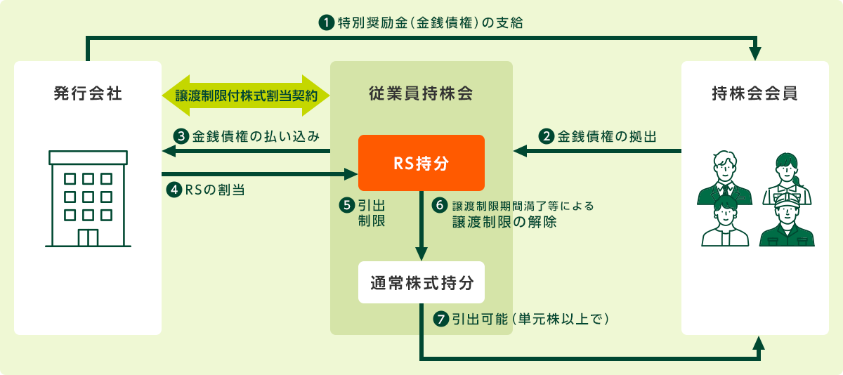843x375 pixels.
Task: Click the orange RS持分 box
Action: [421, 163]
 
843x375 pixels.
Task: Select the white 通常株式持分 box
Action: [421, 282]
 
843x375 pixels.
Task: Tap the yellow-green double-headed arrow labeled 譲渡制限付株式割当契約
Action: [246, 96]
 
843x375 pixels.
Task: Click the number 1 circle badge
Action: [326, 22]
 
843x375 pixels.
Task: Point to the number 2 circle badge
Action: [546, 136]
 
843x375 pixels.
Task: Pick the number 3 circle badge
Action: [181, 136]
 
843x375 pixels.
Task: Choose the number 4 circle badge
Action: [174, 190]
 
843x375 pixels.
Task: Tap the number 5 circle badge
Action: [346, 205]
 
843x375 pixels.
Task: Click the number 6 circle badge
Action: [439, 205]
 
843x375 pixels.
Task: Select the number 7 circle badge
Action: [440, 319]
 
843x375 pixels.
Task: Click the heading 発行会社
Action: [88, 93]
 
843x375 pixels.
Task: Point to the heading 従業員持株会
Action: [421, 93]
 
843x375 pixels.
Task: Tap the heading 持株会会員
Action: [755, 93]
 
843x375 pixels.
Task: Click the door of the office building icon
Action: [88, 238]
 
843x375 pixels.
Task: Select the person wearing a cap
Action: [787, 223]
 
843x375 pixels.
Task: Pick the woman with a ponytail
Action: [788, 178]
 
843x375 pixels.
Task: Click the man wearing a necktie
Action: [724, 178]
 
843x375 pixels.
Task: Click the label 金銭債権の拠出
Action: [607, 136]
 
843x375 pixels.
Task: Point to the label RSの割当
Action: [215, 190]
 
